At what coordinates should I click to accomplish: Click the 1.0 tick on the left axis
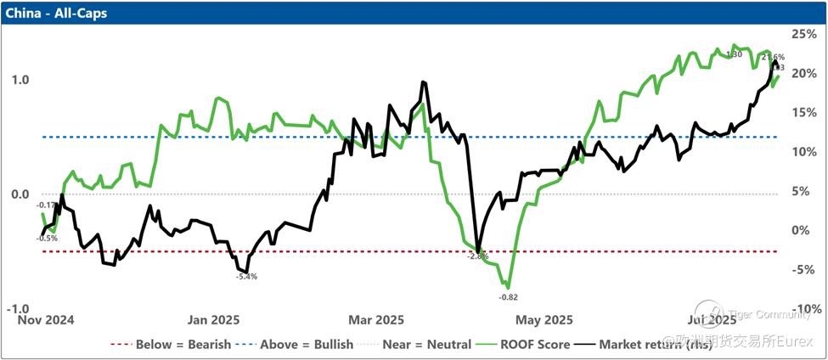click(20, 80)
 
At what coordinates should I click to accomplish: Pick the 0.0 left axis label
click(20, 194)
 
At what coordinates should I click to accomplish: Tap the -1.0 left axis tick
click(18, 309)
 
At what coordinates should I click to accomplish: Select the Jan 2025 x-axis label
click(213, 320)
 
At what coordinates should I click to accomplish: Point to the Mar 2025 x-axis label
click(377, 320)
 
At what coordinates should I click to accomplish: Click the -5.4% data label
click(246, 277)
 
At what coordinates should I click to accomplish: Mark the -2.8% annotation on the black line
click(479, 256)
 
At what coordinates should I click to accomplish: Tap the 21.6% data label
click(773, 57)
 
